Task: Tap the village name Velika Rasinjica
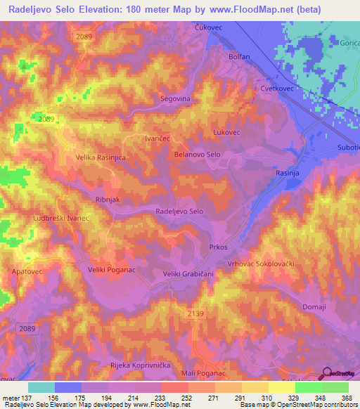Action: coord(101,158)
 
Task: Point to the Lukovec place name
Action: coord(226,132)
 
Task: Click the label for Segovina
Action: coord(176,99)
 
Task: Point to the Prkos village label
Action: coord(218,247)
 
